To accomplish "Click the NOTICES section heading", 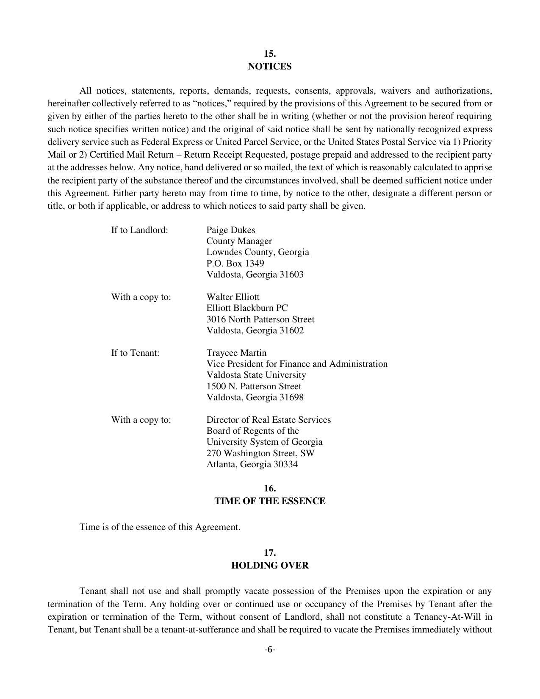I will [x=270, y=67].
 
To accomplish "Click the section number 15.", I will [x=270, y=54].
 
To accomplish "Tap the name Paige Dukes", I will [x=230, y=230].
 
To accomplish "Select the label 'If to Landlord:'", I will [x=139, y=230].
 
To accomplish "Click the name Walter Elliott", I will [x=233, y=297].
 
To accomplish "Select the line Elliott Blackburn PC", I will [x=247, y=308].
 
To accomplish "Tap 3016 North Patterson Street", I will [x=260, y=319].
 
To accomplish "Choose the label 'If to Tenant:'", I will [x=135, y=353].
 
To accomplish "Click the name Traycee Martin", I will [x=236, y=353].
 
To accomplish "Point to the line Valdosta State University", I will [x=256, y=375].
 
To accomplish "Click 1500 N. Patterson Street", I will [x=254, y=386].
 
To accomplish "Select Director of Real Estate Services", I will [x=269, y=420].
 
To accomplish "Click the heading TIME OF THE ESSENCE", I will [x=270, y=501].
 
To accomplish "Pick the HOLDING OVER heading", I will [x=270, y=566].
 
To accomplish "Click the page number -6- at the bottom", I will [x=270, y=650].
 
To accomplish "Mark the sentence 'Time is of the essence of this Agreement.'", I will [x=160, y=527].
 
